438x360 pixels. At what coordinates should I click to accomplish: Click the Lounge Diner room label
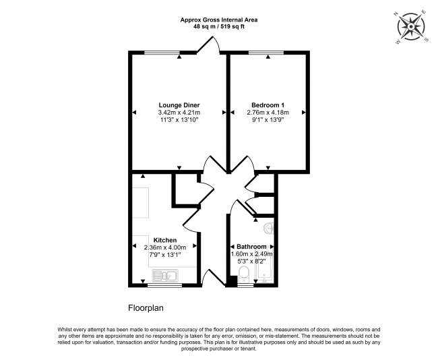click(179, 105)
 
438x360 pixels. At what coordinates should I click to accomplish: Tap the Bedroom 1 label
click(268, 105)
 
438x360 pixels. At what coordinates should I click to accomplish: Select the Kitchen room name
click(165, 240)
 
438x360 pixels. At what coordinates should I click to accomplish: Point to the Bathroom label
click(251, 247)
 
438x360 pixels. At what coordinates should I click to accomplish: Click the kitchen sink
click(165, 275)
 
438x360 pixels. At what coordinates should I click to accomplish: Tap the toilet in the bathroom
click(244, 274)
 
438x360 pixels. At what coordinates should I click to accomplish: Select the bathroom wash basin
click(269, 228)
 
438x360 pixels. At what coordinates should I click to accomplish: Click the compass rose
click(411, 27)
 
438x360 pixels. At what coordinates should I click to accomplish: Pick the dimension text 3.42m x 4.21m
click(179, 113)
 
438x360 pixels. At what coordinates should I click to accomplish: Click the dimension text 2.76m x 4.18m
click(268, 113)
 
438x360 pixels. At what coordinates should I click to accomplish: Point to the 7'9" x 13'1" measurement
click(165, 255)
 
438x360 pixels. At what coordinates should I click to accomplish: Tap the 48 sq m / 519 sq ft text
click(219, 27)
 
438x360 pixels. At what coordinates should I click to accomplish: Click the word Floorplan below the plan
click(146, 308)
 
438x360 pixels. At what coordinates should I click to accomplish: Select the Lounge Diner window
click(162, 53)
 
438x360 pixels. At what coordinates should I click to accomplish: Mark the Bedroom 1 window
click(266, 53)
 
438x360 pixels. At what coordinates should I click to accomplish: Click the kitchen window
click(165, 285)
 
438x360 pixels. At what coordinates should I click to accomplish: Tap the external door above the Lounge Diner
click(208, 44)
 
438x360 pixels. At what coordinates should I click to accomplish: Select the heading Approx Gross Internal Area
click(219, 20)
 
